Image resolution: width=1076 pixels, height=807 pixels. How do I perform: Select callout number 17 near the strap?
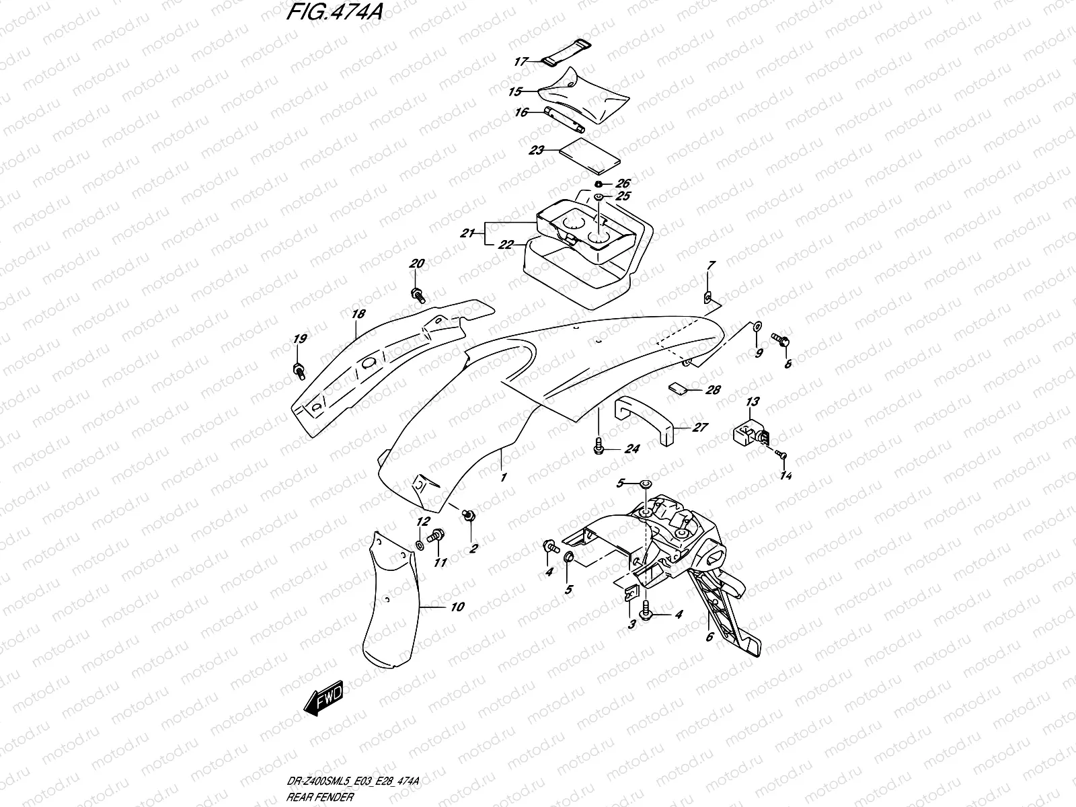click(x=521, y=61)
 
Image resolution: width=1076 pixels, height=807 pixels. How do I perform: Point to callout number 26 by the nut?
click(x=623, y=184)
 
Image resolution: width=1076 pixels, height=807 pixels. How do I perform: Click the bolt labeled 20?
click(x=417, y=293)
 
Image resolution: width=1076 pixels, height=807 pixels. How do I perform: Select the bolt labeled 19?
click(x=298, y=369)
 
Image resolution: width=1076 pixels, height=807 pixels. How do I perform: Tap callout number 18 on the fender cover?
click(x=358, y=314)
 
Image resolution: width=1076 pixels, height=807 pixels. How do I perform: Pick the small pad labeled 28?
click(x=677, y=388)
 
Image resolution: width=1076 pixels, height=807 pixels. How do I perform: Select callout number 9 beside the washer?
click(x=759, y=353)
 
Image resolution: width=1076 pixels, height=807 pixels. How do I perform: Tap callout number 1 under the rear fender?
click(x=502, y=477)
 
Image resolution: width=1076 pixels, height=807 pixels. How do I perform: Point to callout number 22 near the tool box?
click(x=506, y=245)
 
